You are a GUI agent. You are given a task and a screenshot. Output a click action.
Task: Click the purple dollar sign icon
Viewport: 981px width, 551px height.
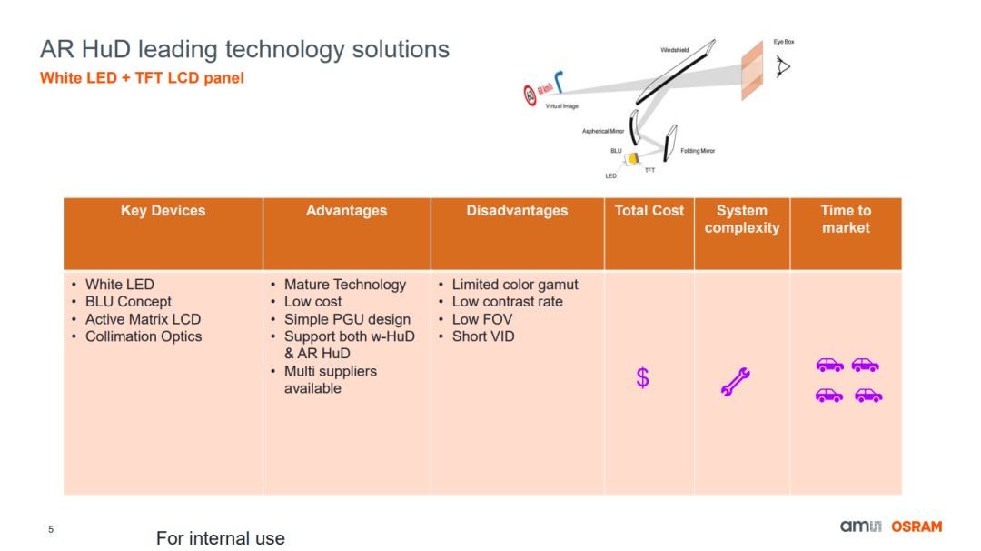tap(642, 377)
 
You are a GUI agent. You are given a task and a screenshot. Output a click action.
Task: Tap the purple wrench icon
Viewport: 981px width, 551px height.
tap(735, 381)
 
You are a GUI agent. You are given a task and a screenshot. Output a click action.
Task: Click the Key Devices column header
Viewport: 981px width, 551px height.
tap(163, 210)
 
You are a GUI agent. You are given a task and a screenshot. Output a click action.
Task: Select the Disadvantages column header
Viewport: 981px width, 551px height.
tap(517, 210)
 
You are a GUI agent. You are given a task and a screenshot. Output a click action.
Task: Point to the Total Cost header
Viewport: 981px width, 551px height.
tap(649, 210)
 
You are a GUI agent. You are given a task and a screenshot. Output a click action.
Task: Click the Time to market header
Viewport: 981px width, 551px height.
tap(846, 219)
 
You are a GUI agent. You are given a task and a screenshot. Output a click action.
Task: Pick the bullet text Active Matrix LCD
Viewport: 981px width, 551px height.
tap(144, 319)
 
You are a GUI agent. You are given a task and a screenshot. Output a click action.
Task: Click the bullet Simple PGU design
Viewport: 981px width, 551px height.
tap(347, 319)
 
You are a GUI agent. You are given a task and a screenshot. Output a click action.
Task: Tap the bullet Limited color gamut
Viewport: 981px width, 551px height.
tap(515, 285)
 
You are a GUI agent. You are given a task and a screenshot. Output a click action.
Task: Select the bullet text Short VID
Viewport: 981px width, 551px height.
tap(483, 336)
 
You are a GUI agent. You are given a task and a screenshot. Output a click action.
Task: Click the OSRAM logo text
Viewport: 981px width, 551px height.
tap(917, 526)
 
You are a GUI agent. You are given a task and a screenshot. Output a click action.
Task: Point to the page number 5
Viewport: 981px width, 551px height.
tap(51, 530)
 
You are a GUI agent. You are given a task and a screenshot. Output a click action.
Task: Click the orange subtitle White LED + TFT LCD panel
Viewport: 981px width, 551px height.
tap(142, 78)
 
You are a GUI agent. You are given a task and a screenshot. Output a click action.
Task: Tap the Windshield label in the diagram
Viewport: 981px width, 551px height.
tap(674, 50)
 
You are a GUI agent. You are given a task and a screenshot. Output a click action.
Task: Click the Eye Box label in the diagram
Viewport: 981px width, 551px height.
tap(784, 42)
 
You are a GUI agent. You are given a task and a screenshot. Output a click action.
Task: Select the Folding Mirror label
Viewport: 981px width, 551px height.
tap(698, 151)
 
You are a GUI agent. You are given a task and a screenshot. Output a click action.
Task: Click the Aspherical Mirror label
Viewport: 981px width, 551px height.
tap(603, 132)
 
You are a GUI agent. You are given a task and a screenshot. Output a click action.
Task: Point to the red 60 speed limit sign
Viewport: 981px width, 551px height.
tap(530, 95)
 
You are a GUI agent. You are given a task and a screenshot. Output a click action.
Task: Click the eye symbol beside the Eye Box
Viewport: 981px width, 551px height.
tap(783, 66)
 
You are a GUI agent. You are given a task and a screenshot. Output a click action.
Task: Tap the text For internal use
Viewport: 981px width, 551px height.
tap(220, 538)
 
